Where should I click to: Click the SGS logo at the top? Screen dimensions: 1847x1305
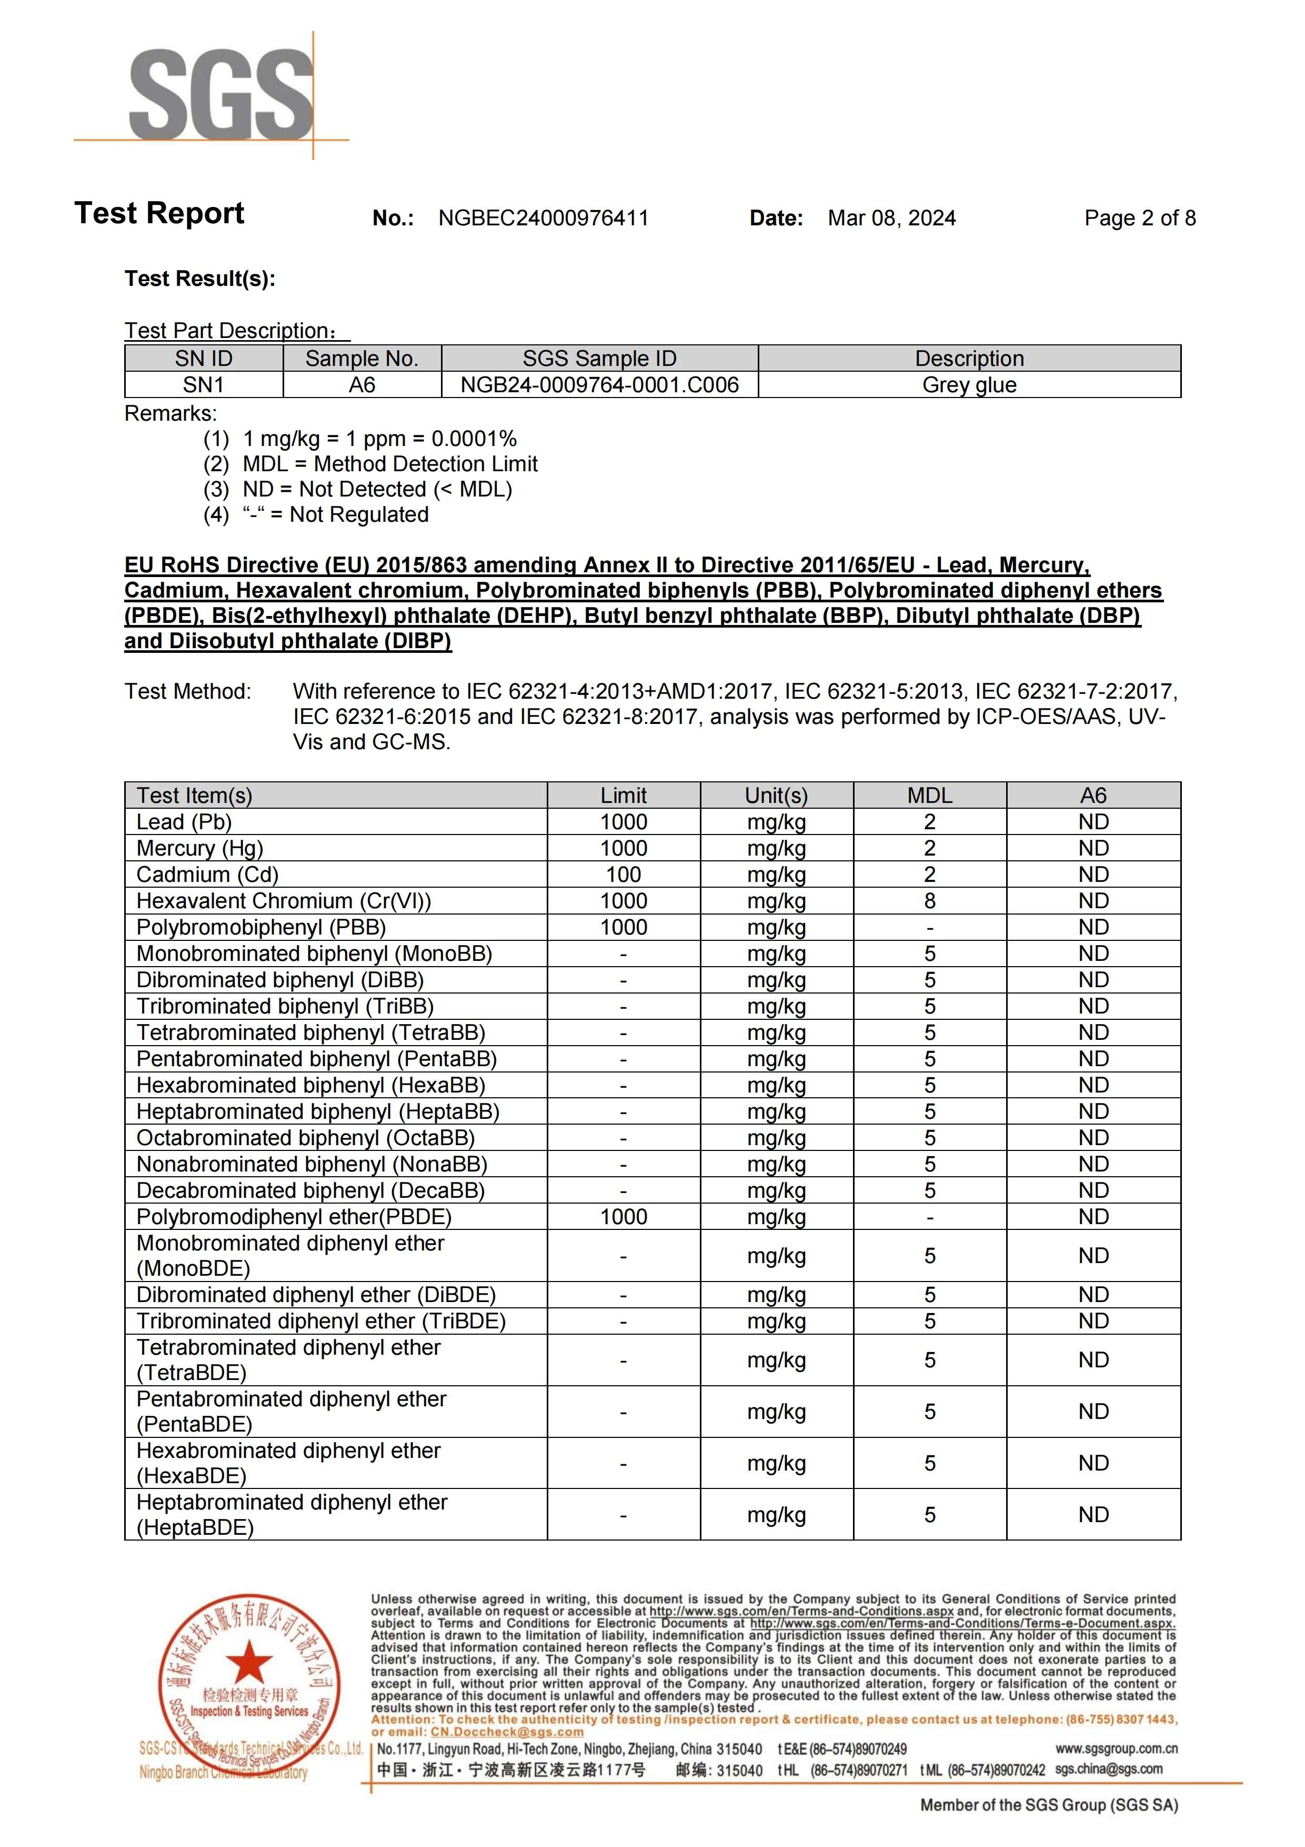tap(220, 94)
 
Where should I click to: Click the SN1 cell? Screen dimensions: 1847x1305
tap(204, 385)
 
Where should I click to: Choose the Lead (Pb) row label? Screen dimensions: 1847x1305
tap(184, 822)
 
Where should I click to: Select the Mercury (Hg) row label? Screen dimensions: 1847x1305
tap(199, 849)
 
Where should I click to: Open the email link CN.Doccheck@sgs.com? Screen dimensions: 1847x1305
tap(507, 1732)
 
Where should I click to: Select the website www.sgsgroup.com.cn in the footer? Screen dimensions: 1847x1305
tap(1116, 1749)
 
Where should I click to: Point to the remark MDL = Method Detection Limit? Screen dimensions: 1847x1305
tap(390, 464)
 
